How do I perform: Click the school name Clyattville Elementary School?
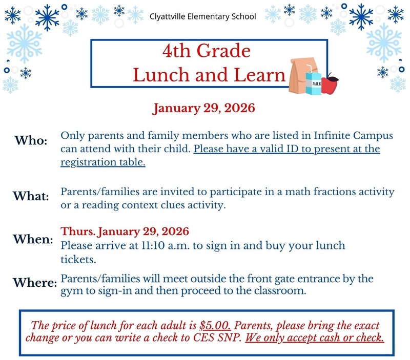point(202,16)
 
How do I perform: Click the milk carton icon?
point(313,81)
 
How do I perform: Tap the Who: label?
point(31,140)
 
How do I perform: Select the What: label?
point(31,196)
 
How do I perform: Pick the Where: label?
point(34,282)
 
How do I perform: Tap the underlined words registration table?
point(103,162)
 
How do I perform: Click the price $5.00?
point(215,325)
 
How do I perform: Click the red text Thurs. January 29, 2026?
point(125,231)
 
